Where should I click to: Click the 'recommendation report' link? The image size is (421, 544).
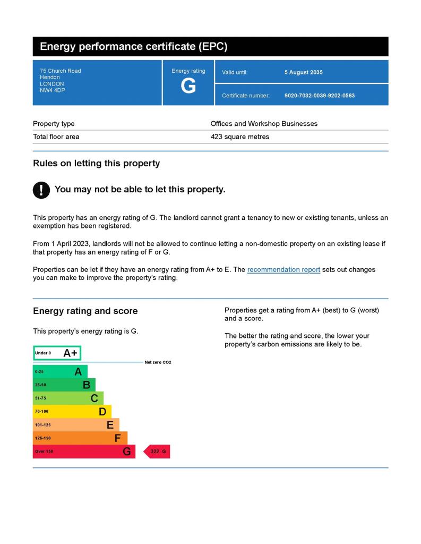point(283,270)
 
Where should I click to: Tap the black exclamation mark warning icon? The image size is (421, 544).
point(41,190)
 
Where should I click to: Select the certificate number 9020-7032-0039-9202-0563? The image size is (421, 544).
point(319,96)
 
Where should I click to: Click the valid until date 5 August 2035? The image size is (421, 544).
point(303,72)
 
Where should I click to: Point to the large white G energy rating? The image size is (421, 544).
point(188,86)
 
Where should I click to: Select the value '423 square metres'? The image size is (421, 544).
point(239,137)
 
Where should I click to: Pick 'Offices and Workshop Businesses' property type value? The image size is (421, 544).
point(264,124)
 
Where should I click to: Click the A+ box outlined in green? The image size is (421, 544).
point(57,353)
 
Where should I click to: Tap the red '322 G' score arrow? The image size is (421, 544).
point(157,452)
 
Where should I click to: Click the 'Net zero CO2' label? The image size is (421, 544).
point(158,362)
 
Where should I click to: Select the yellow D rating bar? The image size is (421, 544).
point(72,411)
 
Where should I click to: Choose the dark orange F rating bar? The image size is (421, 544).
point(80,438)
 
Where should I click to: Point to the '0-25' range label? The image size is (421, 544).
point(39,372)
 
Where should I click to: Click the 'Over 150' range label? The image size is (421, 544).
point(44,452)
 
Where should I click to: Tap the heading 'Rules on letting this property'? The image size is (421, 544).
point(96,164)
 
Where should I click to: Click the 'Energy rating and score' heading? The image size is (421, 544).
point(85,311)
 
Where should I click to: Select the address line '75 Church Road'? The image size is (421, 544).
point(60,71)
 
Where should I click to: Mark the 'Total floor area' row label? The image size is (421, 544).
point(56,137)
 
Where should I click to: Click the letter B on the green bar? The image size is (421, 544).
point(87,385)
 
